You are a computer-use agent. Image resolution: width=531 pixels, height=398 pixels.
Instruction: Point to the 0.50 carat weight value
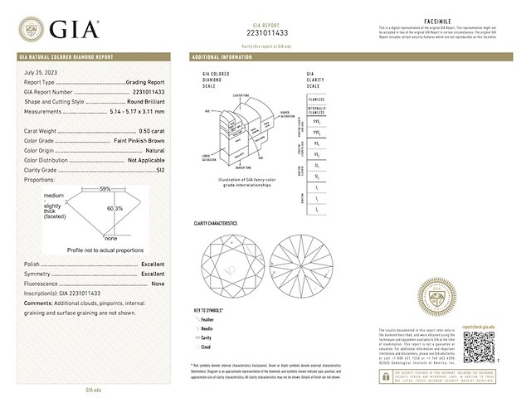click(x=150, y=130)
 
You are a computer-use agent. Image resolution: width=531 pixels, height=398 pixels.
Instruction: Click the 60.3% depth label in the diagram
click(x=116, y=209)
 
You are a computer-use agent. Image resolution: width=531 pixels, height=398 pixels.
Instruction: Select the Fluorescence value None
click(x=158, y=284)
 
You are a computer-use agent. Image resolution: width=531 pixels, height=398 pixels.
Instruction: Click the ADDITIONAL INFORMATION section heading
click(x=221, y=58)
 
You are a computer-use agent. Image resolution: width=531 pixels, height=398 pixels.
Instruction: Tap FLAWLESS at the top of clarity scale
click(x=317, y=97)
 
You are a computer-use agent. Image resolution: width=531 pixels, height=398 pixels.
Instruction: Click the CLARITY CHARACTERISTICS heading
click(x=215, y=224)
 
